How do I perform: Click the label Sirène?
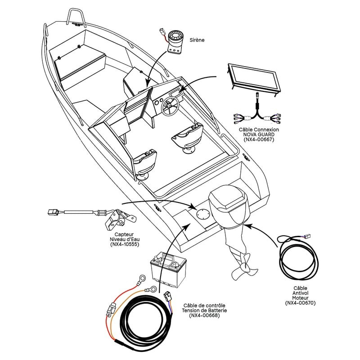(x=197, y=40)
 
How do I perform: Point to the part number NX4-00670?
(x=301, y=303)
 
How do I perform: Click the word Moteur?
(x=300, y=298)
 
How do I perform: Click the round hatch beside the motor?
(x=203, y=214)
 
